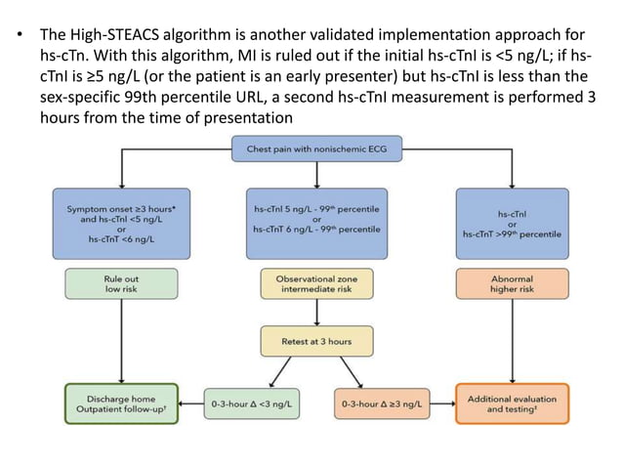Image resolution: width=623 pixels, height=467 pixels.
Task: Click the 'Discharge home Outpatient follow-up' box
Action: tap(121, 402)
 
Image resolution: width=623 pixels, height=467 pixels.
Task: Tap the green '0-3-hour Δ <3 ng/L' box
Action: tap(252, 403)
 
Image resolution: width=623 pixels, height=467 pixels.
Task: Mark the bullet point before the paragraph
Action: tap(18, 41)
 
